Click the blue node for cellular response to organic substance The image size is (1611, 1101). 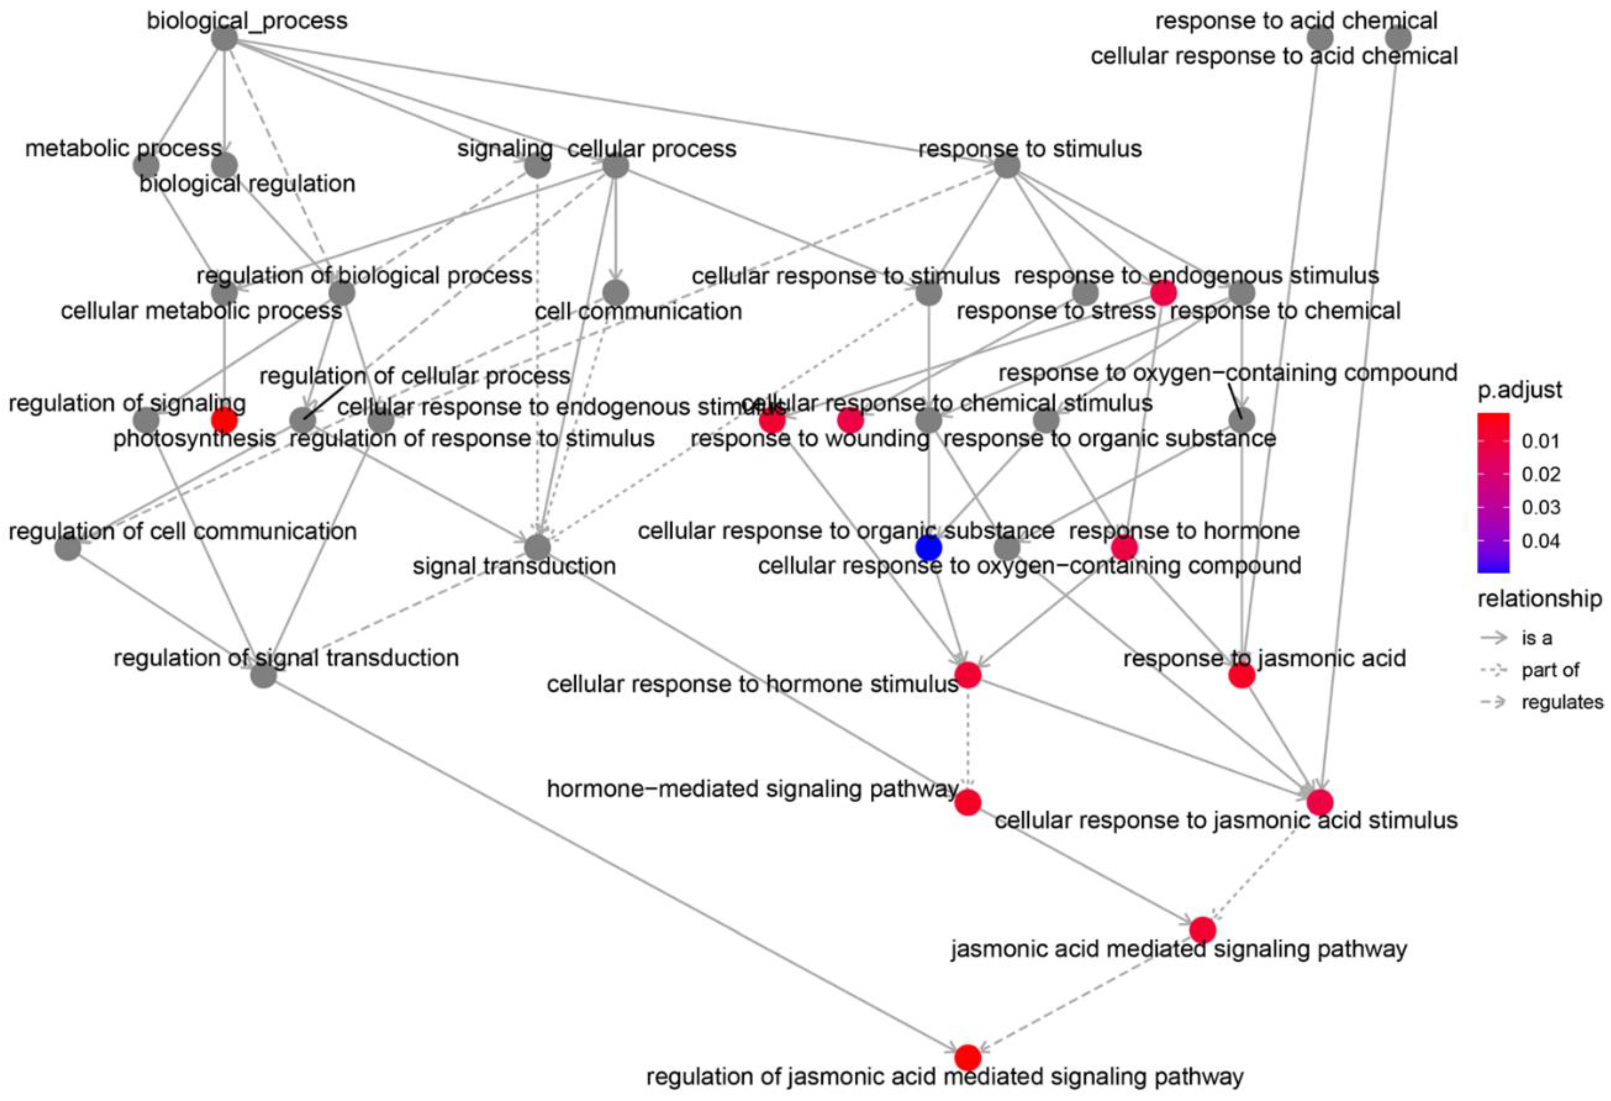coord(928,548)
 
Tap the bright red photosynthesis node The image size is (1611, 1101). coord(224,420)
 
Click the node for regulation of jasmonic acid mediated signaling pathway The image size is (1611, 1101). coord(968,1057)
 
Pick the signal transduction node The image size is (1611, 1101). coord(537,548)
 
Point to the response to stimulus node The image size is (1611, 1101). coord(1006,166)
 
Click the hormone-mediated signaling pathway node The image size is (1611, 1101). coord(968,802)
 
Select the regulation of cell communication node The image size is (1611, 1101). coord(67,548)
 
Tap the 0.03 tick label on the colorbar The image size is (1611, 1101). coord(1540,507)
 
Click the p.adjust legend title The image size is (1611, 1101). coord(1520,390)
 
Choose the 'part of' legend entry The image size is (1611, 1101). coord(1550,670)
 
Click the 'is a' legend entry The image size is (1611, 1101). coord(1536,637)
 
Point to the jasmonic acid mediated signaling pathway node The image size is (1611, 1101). coord(1203,929)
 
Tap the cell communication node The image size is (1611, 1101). coord(616,292)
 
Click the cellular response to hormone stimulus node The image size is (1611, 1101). coord(968,674)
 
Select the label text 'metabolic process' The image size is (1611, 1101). coord(124,149)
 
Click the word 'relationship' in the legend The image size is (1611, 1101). coord(1539,598)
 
